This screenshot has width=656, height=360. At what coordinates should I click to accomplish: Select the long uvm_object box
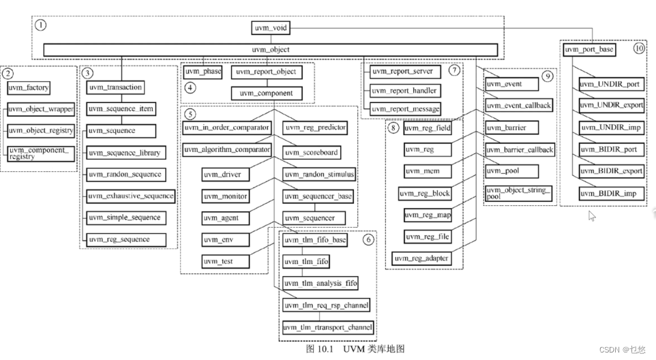[x=271, y=50]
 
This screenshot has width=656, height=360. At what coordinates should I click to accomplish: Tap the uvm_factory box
[x=29, y=88]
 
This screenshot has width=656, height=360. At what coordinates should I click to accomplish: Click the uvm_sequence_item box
[x=121, y=109]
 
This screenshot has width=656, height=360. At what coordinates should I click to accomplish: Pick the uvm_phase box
[x=202, y=71]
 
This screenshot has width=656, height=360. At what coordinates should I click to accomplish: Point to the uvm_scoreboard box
[x=311, y=153]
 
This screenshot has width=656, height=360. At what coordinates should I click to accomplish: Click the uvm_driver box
[x=225, y=175]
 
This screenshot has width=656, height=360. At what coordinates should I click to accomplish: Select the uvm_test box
[x=225, y=261]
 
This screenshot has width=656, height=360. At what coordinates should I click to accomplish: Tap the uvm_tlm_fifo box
[x=306, y=261]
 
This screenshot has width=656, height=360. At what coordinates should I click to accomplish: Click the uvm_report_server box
[x=405, y=71]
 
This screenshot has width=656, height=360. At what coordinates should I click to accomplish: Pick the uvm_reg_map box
[x=428, y=215]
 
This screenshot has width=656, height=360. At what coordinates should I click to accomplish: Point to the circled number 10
[x=638, y=49]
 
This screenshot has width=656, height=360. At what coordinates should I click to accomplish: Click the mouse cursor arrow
[x=592, y=215]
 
